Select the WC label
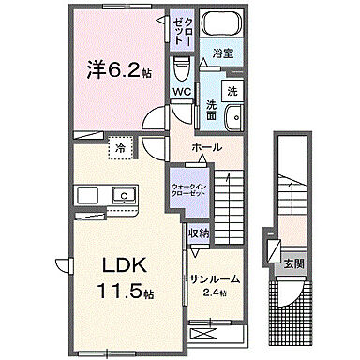click(x=181, y=91)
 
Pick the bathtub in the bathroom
click(x=221, y=28)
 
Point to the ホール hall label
click(x=206, y=148)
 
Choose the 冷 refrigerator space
click(x=121, y=148)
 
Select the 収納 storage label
click(x=198, y=233)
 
